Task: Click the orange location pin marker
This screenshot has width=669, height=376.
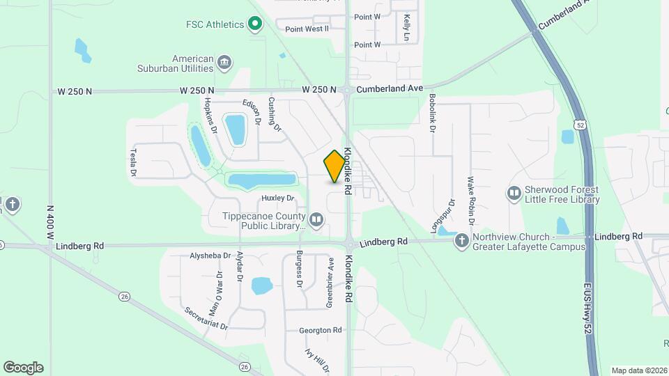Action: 335,166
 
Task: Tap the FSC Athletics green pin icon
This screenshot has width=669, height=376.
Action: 255,25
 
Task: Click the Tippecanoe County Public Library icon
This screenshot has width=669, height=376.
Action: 316,221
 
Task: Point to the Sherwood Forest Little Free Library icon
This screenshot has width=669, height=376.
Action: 514,193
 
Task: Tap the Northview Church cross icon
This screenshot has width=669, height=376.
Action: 461,241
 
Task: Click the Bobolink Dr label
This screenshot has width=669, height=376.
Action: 433,113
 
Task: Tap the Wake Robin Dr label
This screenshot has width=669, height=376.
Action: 472,201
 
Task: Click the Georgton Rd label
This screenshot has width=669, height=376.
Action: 321,330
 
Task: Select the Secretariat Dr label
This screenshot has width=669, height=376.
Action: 206,320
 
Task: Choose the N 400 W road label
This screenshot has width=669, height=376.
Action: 50,222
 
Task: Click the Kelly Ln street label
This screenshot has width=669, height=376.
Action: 406,28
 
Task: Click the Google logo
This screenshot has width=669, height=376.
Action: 23,368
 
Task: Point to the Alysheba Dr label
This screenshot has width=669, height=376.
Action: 210,256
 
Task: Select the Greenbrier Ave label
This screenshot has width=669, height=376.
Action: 330,282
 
